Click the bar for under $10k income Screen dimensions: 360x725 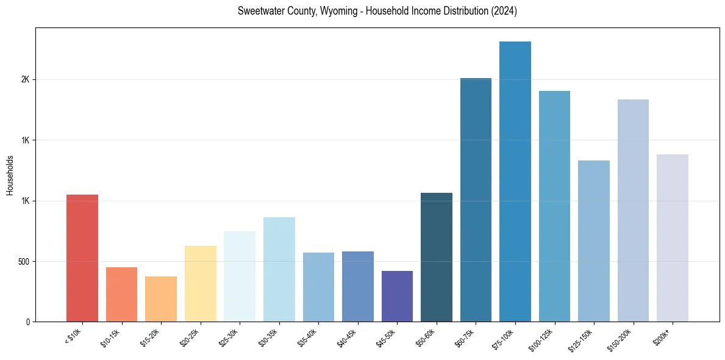[x=82, y=258]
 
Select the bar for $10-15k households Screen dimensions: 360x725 [x=121, y=295]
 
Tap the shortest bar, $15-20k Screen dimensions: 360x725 [x=161, y=299]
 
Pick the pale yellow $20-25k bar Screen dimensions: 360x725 [x=200, y=284]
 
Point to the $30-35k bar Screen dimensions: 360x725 [x=279, y=270]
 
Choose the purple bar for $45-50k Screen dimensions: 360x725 [x=397, y=297]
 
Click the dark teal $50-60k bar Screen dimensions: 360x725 [x=437, y=257]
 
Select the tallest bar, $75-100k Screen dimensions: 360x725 [x=515, y=182]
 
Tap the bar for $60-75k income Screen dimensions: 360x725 [x=476, y=200]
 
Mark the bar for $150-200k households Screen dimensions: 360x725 [x=633, y=211]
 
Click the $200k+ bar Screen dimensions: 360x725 [x=673, y=238]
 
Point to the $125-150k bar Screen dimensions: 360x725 [x=594, y=241]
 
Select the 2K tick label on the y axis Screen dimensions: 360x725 [x=26, y=80]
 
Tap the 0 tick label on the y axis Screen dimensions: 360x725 [x=28, y=322]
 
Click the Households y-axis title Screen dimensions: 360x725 [x=10, y=175]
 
